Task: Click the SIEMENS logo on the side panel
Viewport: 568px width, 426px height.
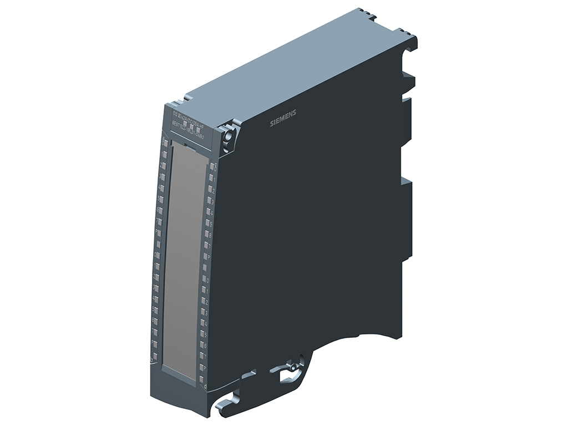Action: [x=283, y=118]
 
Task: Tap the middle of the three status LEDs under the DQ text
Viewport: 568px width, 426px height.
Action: [x=191, y=127]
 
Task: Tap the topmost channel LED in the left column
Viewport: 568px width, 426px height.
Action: [x=165, y=143]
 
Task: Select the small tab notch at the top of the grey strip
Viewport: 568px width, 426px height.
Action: [x=187, y=146]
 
